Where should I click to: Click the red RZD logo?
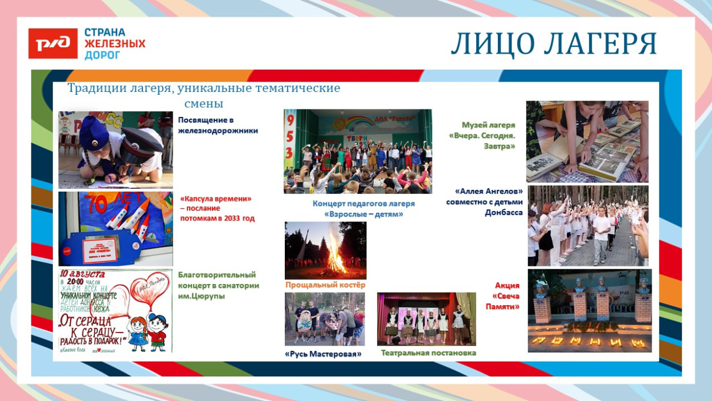pyautogui.click(x=53, y=43)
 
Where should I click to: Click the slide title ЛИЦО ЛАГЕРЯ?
pyautogui.click(x=554, y=44)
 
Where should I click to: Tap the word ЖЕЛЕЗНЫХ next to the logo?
pyautogui.click(x=115, y=43)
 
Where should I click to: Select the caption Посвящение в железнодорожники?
pyautogui.click(x=218, y=125)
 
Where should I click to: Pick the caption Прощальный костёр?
pyautogui.click(x=325, y=285)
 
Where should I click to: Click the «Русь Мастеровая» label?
pyautogui.click(x=323, y=354)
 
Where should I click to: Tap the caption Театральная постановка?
pyautogui.click(x=428, y=353)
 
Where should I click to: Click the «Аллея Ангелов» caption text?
pyautogui.click(x=484, y=202)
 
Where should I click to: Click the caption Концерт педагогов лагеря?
pyautogui.click(x=363, y=209)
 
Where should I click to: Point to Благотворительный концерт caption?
pyautogui.click(x=218, y=285)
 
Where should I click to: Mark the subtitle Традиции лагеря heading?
pyautogui.click(x=203, y=95)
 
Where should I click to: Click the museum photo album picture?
pyautogui.click(x=587, y=141)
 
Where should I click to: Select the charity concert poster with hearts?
pyautogui.click(x=115, y=310)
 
